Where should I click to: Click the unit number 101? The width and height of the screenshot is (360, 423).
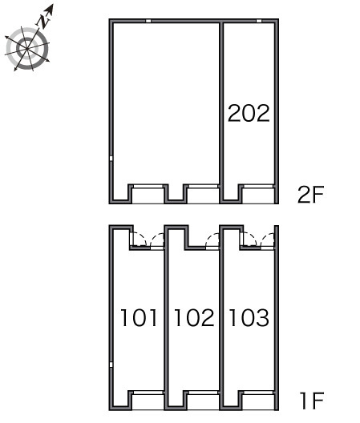139,317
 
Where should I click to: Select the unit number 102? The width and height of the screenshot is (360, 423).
194,317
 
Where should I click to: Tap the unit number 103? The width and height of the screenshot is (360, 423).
249,317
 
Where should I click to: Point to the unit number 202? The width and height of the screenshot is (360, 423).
249,113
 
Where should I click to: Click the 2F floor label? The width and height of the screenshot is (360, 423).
310,195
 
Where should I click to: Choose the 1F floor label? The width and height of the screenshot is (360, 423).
312,401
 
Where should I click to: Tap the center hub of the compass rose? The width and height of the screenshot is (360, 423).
27,49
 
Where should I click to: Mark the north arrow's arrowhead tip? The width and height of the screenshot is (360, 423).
53,4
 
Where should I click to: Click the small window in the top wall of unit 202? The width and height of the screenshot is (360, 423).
259,21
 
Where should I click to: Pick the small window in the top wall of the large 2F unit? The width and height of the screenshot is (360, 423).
148,21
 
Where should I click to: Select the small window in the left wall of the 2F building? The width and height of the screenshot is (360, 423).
111,159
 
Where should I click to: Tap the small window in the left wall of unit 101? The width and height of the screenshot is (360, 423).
111,365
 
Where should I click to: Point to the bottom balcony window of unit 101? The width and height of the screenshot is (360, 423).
148,393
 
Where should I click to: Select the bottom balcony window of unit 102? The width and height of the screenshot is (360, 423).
204,393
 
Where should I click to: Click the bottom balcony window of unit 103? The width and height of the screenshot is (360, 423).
258,393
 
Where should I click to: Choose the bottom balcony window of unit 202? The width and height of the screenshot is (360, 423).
258,186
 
